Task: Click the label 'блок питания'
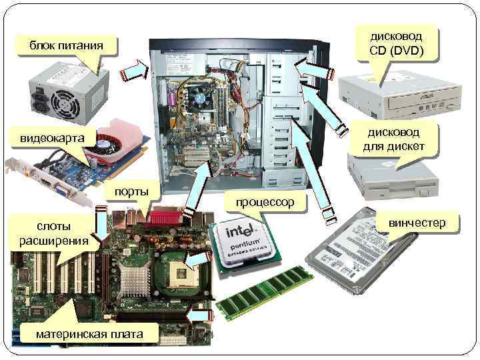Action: pyautogui.click(x=66, y=45)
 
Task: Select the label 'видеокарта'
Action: pyautogui.click(x=53, y=138)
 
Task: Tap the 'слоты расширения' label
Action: pyautogui.click(x=53, y=232)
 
